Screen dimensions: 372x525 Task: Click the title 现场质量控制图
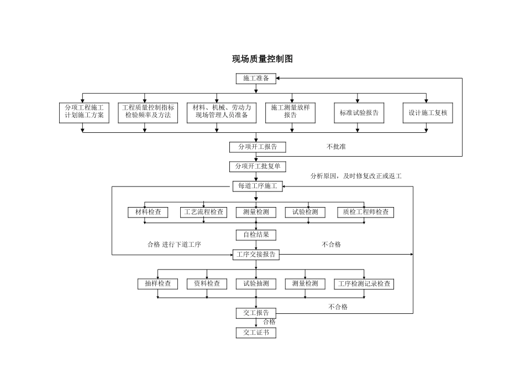click(262, 59)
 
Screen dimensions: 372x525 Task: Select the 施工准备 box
click(256, 79)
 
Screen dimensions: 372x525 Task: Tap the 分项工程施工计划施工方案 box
click(84, 112)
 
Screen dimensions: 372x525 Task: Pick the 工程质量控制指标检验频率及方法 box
click(148, 112)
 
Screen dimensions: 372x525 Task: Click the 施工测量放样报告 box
click(290, 112)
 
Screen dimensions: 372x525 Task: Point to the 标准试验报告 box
click(359, 112)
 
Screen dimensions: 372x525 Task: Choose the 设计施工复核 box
click(427, 112)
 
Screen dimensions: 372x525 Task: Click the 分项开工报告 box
click(258, 147)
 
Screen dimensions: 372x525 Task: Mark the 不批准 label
click(336, 147)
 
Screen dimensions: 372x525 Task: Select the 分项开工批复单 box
click(258, 167)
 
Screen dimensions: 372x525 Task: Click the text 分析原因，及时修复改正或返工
click(355, 176)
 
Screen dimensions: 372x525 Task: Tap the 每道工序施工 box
click(257, 187)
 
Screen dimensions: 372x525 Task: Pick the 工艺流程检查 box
click(204, 212)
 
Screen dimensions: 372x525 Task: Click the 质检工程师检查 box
click(365, 212)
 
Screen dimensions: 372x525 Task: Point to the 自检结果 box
click(256, 235)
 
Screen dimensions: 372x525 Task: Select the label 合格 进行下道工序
click(174, 245)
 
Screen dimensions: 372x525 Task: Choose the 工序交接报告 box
click(256, 255)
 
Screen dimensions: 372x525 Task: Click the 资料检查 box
click(207, 284)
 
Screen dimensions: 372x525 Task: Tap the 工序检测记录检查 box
click(364, 284)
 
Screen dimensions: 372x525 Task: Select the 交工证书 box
click(256, 333)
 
